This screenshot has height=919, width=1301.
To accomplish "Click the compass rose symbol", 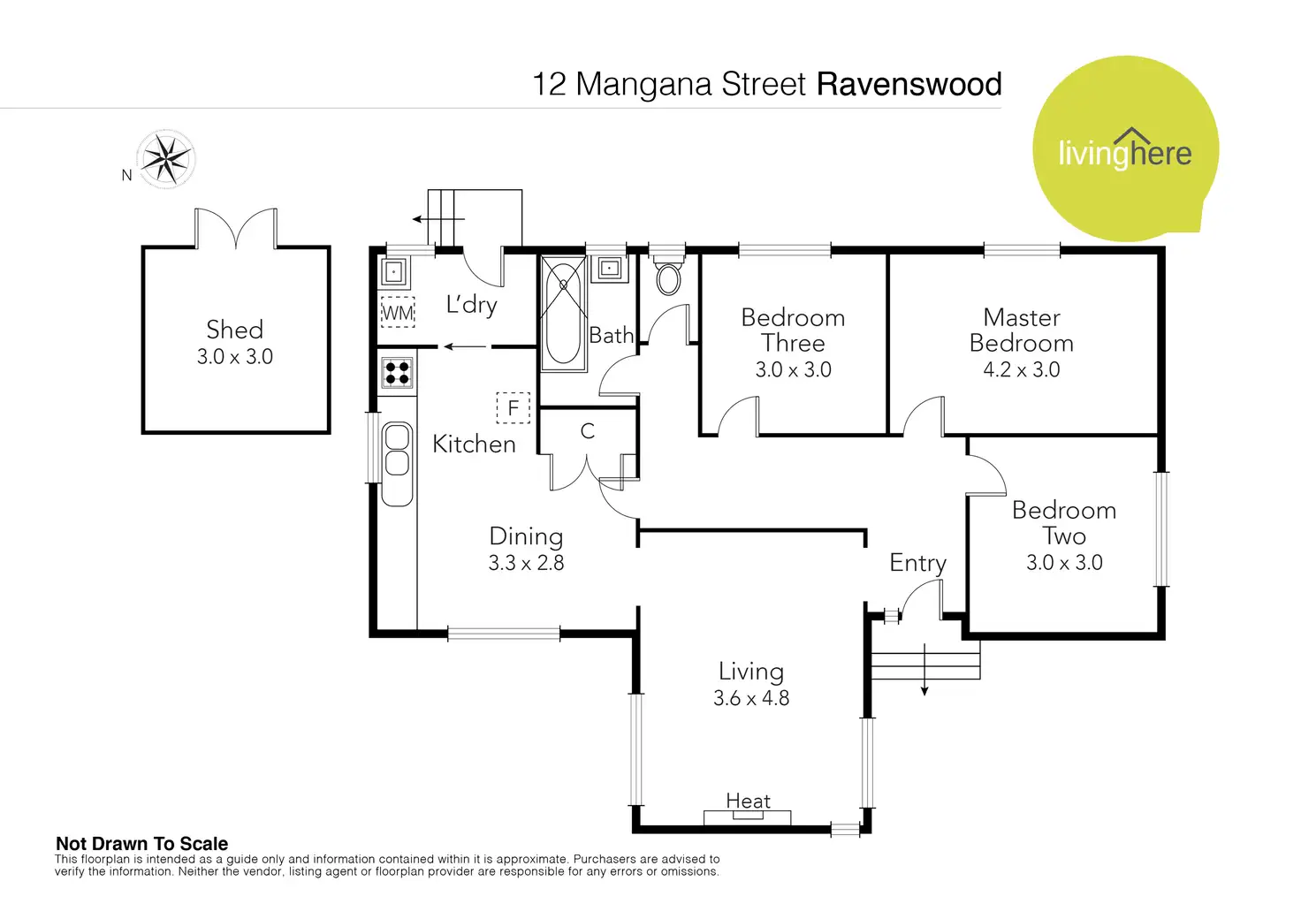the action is coord(166,160).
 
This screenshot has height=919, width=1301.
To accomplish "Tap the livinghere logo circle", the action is coord(1125,150).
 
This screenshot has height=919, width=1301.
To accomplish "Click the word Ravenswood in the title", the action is coord(909,84).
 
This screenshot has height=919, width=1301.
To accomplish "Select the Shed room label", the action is coord(234,330).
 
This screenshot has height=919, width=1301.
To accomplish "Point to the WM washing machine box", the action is coord(398,313).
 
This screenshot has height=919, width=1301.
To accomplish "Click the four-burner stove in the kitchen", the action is coord(397,372).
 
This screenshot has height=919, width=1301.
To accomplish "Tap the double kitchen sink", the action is coord(398,451).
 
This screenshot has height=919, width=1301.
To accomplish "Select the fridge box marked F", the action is coord(513,408).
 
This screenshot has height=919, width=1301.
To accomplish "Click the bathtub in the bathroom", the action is coord(563,313).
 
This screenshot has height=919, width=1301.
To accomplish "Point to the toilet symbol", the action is coord(668,277).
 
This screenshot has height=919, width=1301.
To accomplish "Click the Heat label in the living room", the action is coord(748,801).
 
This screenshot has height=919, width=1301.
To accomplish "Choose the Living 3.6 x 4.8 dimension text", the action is coord(751,698).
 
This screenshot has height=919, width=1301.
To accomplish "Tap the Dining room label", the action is coord(526,536).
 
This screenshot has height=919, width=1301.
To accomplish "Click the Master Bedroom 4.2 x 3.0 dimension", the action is coord(1022,369).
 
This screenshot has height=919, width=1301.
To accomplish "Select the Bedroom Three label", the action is coord(793,330).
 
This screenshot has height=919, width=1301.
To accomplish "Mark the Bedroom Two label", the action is coord(1064,522).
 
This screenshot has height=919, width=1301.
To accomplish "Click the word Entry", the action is coord(917,563).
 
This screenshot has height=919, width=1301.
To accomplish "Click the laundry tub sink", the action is coord(394,271).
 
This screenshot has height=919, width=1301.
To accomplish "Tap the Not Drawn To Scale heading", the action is coord(141,844).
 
